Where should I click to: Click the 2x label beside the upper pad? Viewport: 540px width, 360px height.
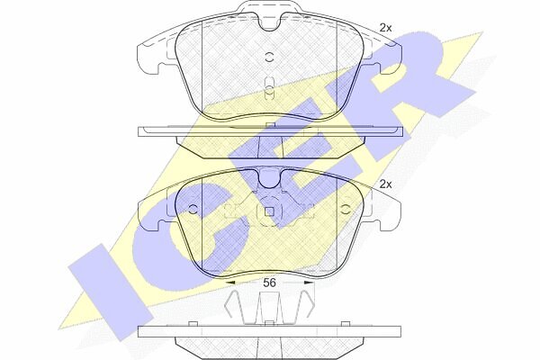coord(385,28)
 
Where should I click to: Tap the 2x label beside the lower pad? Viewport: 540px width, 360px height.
coord(385,184)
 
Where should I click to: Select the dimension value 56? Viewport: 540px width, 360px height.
coord(269,283)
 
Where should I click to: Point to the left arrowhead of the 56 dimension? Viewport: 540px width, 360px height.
coord(229,283)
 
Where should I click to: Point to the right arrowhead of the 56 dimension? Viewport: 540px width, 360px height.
coord(310,283)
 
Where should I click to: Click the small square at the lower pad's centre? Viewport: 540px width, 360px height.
coord(269,211)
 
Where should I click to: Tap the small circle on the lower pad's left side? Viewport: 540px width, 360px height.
coord(193,209)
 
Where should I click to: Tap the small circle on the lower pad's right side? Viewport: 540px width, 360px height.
coord(346,209)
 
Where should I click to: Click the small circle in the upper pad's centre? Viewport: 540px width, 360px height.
coord(269,58)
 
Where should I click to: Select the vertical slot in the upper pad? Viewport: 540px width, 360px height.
coord(269,89)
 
